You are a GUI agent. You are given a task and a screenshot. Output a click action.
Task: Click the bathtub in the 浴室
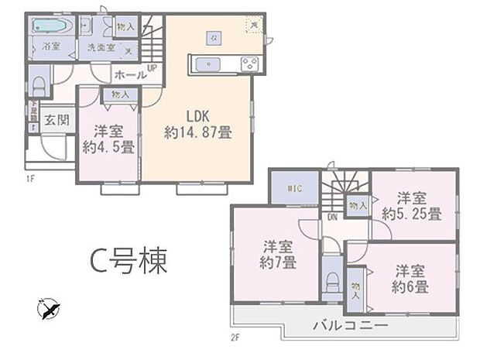coord(51,26)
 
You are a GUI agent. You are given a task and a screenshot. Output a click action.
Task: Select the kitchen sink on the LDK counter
coord(207,63)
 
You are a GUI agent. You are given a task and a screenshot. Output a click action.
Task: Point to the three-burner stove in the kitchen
coord(252,63)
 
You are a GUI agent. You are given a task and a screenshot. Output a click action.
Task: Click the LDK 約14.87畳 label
coord(197,125)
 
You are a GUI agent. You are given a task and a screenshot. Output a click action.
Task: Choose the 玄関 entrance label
coord(54,120)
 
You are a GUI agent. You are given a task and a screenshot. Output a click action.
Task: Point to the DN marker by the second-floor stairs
coord(331,218)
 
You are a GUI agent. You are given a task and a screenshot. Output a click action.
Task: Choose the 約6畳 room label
coord(410,286)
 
